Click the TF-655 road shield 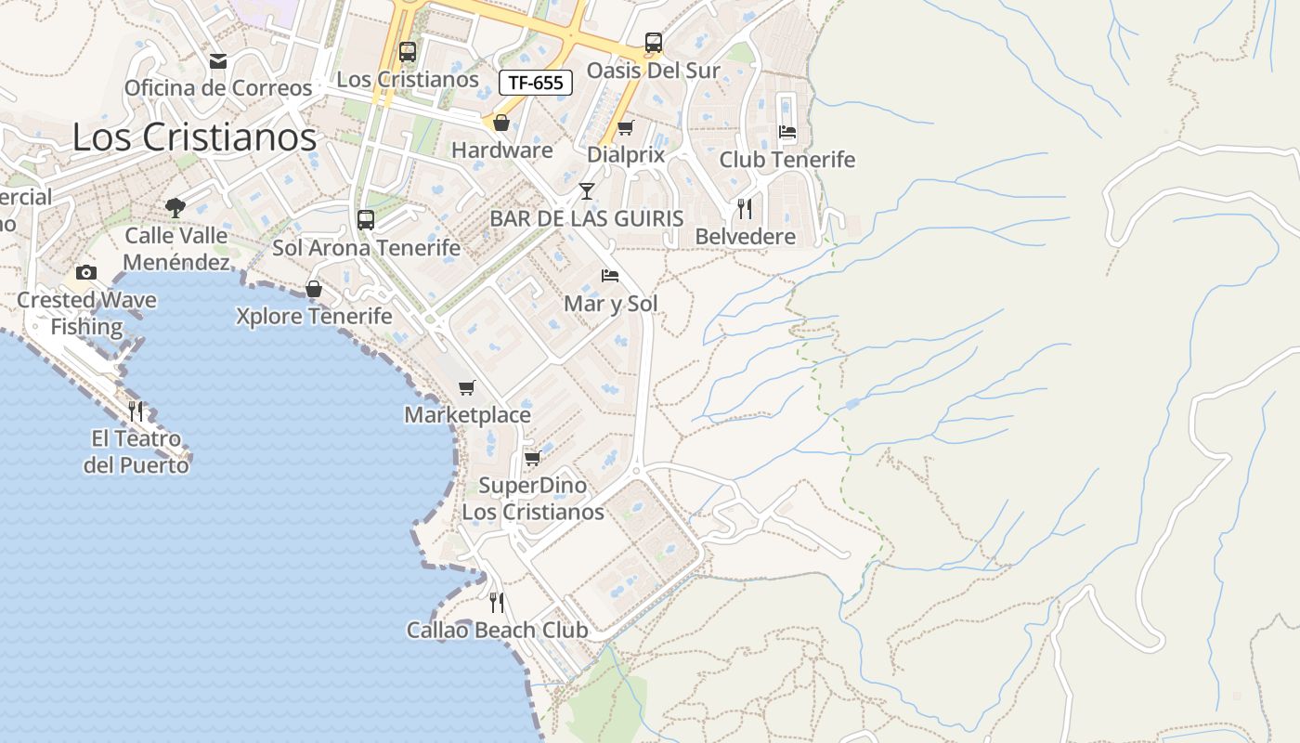pos(536,83)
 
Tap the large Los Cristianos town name pos(194,137)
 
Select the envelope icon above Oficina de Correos pos(218,61)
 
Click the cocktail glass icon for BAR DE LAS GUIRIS pos(587,191)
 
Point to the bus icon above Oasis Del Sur pos(654,43)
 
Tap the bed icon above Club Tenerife pos(787,132)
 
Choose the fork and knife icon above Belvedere pos(745,208)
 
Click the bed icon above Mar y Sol pos(610,276)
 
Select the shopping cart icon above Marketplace pos(467,387)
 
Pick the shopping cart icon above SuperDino pos(532,458)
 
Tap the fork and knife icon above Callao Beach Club pos(497,603)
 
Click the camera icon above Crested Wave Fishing pos(86,272)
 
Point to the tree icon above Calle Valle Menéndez pos(175,207)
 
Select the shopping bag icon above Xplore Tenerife pos(314,289)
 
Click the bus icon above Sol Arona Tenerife pos(366,220)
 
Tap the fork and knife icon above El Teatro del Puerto pos(136,411)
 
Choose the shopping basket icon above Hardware pos(501,123)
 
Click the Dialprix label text pos(626,155)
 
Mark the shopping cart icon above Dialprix pos(626,127)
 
